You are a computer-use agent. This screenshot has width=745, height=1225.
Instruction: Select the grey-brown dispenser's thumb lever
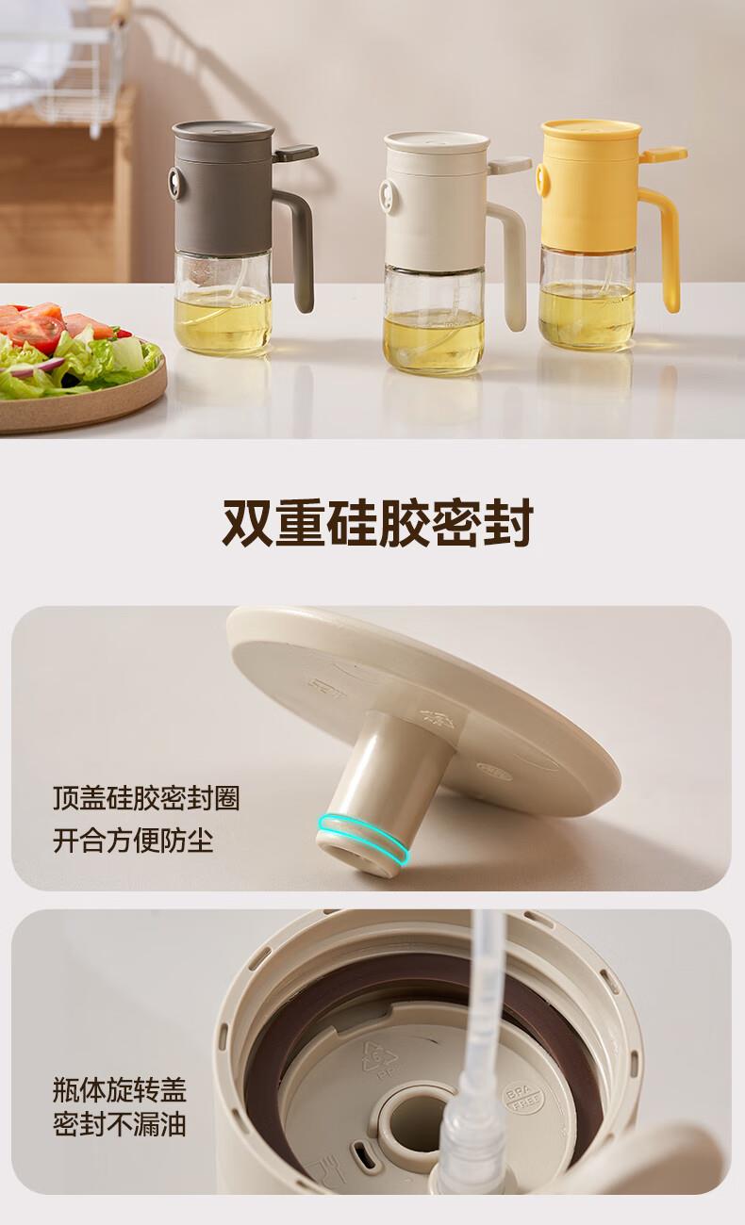pos(295,153)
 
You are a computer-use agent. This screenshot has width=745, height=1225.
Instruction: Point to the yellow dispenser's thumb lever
pos(664,155)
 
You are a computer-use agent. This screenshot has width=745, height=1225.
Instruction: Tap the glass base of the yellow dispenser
pos(587,298)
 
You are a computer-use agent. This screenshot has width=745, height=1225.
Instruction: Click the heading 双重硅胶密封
pos(378,522)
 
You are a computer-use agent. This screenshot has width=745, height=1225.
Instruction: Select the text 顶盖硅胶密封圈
pos(146,798)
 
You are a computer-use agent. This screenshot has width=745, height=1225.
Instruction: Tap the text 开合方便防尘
pos(133,840)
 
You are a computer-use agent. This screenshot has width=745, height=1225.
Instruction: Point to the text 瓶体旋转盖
pos(120,1090)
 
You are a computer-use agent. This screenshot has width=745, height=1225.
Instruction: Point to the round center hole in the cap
pos(416,1109)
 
